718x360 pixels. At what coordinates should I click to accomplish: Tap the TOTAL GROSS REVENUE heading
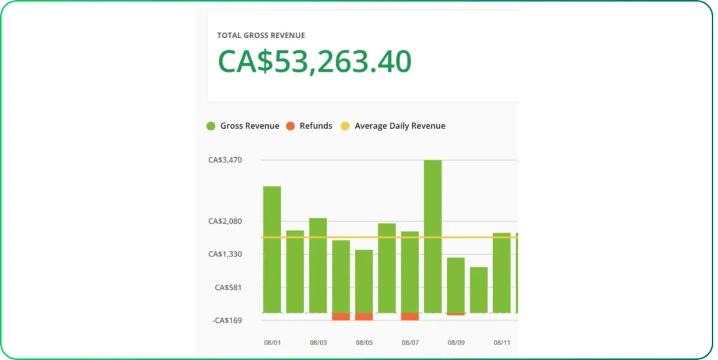(261, 35)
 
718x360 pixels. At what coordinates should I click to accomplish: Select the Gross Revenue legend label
(250, 126)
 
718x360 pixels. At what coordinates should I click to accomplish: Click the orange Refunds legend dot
(290, 126)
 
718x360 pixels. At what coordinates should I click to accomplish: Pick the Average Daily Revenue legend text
(400, 126)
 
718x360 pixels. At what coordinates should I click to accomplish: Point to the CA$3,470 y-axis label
(225, 160)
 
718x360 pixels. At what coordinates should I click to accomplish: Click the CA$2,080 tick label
(225, 221)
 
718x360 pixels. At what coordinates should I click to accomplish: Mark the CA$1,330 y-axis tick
(225, 254)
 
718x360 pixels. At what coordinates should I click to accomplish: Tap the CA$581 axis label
(228, 287)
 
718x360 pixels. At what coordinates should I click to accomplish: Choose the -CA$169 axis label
(227, 320)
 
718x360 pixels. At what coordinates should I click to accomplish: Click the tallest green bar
(433, 236)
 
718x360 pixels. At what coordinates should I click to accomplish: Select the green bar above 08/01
(272, 249)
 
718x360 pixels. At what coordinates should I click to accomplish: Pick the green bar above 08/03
(318, 265)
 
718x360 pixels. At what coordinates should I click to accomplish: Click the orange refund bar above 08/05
(364, 316)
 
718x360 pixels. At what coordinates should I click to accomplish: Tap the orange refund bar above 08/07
(410, 316)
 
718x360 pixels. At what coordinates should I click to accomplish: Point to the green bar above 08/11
(501, 273)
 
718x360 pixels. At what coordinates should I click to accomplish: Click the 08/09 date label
(456, 343)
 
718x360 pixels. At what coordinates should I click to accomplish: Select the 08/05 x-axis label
(364, 343)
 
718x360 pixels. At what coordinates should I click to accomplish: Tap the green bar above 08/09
(456, 285)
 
